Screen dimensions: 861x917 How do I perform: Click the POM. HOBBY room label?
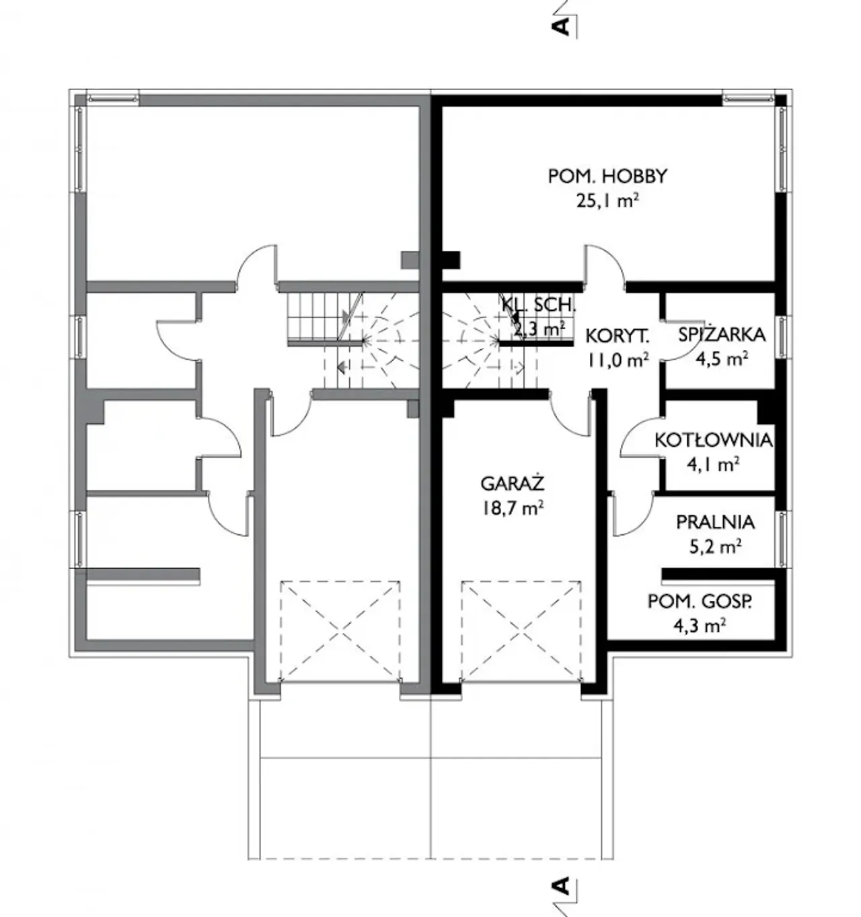607,176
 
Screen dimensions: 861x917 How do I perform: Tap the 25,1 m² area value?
607,201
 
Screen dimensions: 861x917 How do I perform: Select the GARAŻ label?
513,484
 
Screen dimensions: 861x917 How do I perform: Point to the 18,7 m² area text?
513,509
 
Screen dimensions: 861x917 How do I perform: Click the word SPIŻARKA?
722,335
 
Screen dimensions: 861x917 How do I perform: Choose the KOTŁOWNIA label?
713,440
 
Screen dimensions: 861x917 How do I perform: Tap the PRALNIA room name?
715,522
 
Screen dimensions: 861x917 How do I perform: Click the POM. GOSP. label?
700,602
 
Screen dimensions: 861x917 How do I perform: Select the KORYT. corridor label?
617,336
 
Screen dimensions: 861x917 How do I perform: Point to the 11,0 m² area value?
617,360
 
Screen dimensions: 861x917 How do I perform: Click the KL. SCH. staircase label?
539,305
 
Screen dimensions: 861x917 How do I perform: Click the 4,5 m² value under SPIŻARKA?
721,359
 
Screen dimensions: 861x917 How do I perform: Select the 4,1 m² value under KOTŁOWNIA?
713,464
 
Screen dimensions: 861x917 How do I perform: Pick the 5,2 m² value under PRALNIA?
715,547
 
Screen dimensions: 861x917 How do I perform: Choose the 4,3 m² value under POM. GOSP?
700,626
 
